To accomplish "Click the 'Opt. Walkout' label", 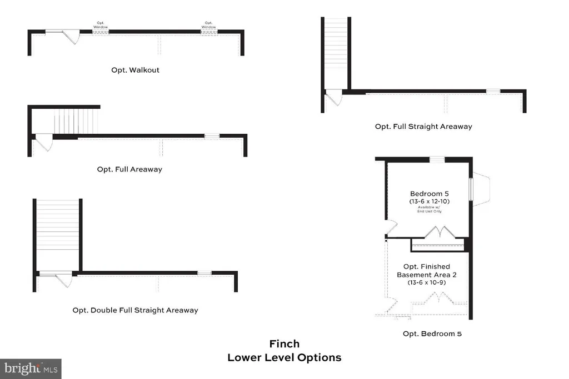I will pyautogui.click(x=136, y=70).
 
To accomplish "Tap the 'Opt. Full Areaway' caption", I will pyautogui.click(x=129, y=169).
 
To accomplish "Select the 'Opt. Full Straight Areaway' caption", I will pyautogui.click(x=423, y=127).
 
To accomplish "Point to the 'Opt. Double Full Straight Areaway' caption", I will pyautogui.click(x=135, y=310).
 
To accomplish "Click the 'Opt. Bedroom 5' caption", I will pyautogui.click(x=432, y=334).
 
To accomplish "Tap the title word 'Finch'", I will pyautogui.click(x=284, y=344).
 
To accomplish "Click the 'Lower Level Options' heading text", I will pyautogui.click(x=284, y=358).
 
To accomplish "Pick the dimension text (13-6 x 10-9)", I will pyautogui.click(x=427, y=282).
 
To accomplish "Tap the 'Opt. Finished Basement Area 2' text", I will pyautogui.click(x=427, y=271).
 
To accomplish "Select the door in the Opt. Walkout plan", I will pyautogui.click(x=70, y=37).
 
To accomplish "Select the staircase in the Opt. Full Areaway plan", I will pyautogui.click(x=76, y=122).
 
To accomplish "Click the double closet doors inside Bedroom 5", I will pyautogui.click(x=438, y=232).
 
